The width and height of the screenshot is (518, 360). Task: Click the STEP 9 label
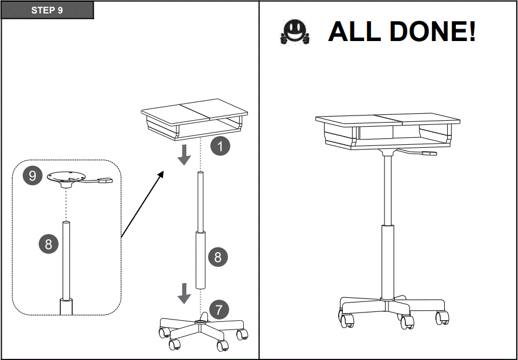47,10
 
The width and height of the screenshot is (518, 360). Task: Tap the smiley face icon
295,32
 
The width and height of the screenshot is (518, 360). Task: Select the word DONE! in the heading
431,32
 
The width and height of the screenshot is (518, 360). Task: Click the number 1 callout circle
220,146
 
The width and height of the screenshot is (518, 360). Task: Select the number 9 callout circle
33,175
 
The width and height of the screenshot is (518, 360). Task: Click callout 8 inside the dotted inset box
49,244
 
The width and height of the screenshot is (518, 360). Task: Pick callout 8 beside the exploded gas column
218,257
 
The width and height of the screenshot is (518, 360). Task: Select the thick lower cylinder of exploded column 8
201,260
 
